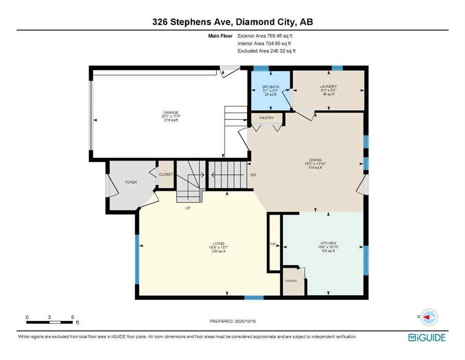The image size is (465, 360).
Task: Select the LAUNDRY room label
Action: [328, 87]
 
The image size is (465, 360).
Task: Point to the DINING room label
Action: [315, 160]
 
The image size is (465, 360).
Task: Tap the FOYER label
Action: [131, 182]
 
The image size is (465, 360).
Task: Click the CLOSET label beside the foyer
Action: [166, 174]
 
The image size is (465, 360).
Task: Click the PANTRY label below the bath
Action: [266, 118]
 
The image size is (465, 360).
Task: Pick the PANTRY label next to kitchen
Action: [291, 281]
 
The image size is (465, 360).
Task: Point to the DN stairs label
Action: [253, 175]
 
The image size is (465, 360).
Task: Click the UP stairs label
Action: [187, 208]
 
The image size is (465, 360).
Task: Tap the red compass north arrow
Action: [427, 317]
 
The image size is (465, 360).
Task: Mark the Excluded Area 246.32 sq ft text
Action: [266, 51]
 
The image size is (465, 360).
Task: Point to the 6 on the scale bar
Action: [73, 317]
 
